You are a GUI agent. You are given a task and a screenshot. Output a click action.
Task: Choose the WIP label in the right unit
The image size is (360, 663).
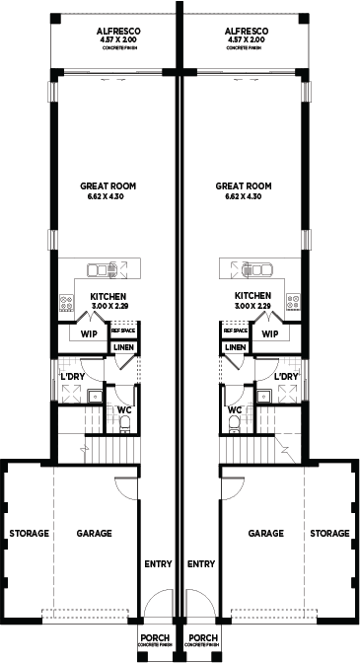(270, 333)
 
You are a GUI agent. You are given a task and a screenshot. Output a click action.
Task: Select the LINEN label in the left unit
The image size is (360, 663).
(123, 347)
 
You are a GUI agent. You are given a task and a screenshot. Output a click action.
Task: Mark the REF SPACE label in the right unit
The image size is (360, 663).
(235, 331)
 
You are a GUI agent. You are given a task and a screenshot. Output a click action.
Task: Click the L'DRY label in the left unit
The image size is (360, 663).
(71, 377)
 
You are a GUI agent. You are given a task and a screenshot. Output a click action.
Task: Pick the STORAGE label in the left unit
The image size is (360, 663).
(29, 534)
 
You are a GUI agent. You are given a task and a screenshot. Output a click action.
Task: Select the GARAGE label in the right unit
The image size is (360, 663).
(265, 533)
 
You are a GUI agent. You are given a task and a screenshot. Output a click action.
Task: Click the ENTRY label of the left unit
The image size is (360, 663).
(158, 564)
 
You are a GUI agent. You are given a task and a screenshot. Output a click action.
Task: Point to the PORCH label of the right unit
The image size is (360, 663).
(202, 638)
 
